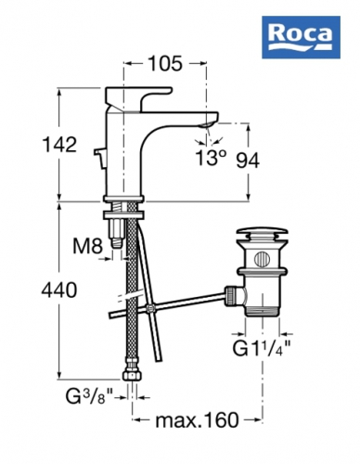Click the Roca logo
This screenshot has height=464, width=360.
pyautogui.click(x=301, y=37)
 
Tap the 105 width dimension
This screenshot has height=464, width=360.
pyautogui.click(x=165, y=64)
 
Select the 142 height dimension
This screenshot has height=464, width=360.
pyautogui.click(x=59, y=145)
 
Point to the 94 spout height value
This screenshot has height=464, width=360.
pyautogui.click(x=248, y=161)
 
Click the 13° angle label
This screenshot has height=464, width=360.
pyautogui.click(x=210, y=158)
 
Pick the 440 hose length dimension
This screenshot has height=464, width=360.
pyautogui.click(x=59, y=290)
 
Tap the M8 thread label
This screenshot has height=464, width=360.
pyautogui.click(x=87, y=247)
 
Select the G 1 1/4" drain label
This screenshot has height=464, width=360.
pyautogui.click(x=262, y=349)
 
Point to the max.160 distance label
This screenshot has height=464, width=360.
pyautogui.click(x=197, y=420)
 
